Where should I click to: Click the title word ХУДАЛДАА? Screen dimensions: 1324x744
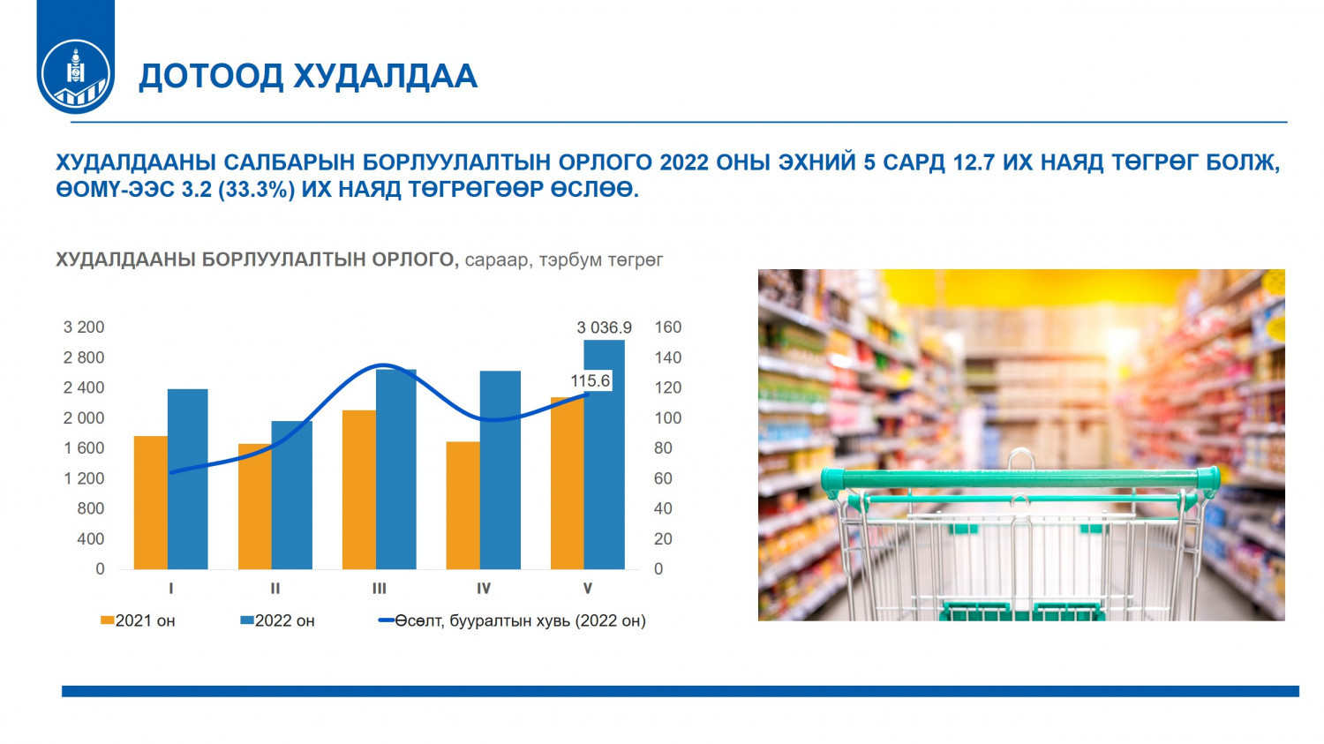[385, 76]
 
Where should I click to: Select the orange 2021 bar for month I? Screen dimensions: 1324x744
[151, 502]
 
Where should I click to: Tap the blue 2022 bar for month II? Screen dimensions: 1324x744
[292, 495]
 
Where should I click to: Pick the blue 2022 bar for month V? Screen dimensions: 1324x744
[604, 455]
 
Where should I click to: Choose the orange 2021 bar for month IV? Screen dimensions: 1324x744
[463, 505]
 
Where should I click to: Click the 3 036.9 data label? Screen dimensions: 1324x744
[604, 327]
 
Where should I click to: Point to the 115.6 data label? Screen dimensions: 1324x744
[590, 380]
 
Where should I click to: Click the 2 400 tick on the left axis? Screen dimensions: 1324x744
[83, 387]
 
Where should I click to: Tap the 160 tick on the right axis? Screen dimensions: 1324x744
[667, 327]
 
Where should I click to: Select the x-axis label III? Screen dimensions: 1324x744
[379, 589]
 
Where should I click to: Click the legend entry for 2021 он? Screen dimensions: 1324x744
[138, 620]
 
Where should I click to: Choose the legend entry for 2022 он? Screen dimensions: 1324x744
[277, 620]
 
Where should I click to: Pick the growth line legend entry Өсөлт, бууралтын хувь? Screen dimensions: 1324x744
[512, 620]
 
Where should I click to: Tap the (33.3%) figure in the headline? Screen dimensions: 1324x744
[256, 190]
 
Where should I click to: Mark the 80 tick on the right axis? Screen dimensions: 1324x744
[663, 448]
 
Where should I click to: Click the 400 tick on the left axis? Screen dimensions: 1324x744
[90, 539]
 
